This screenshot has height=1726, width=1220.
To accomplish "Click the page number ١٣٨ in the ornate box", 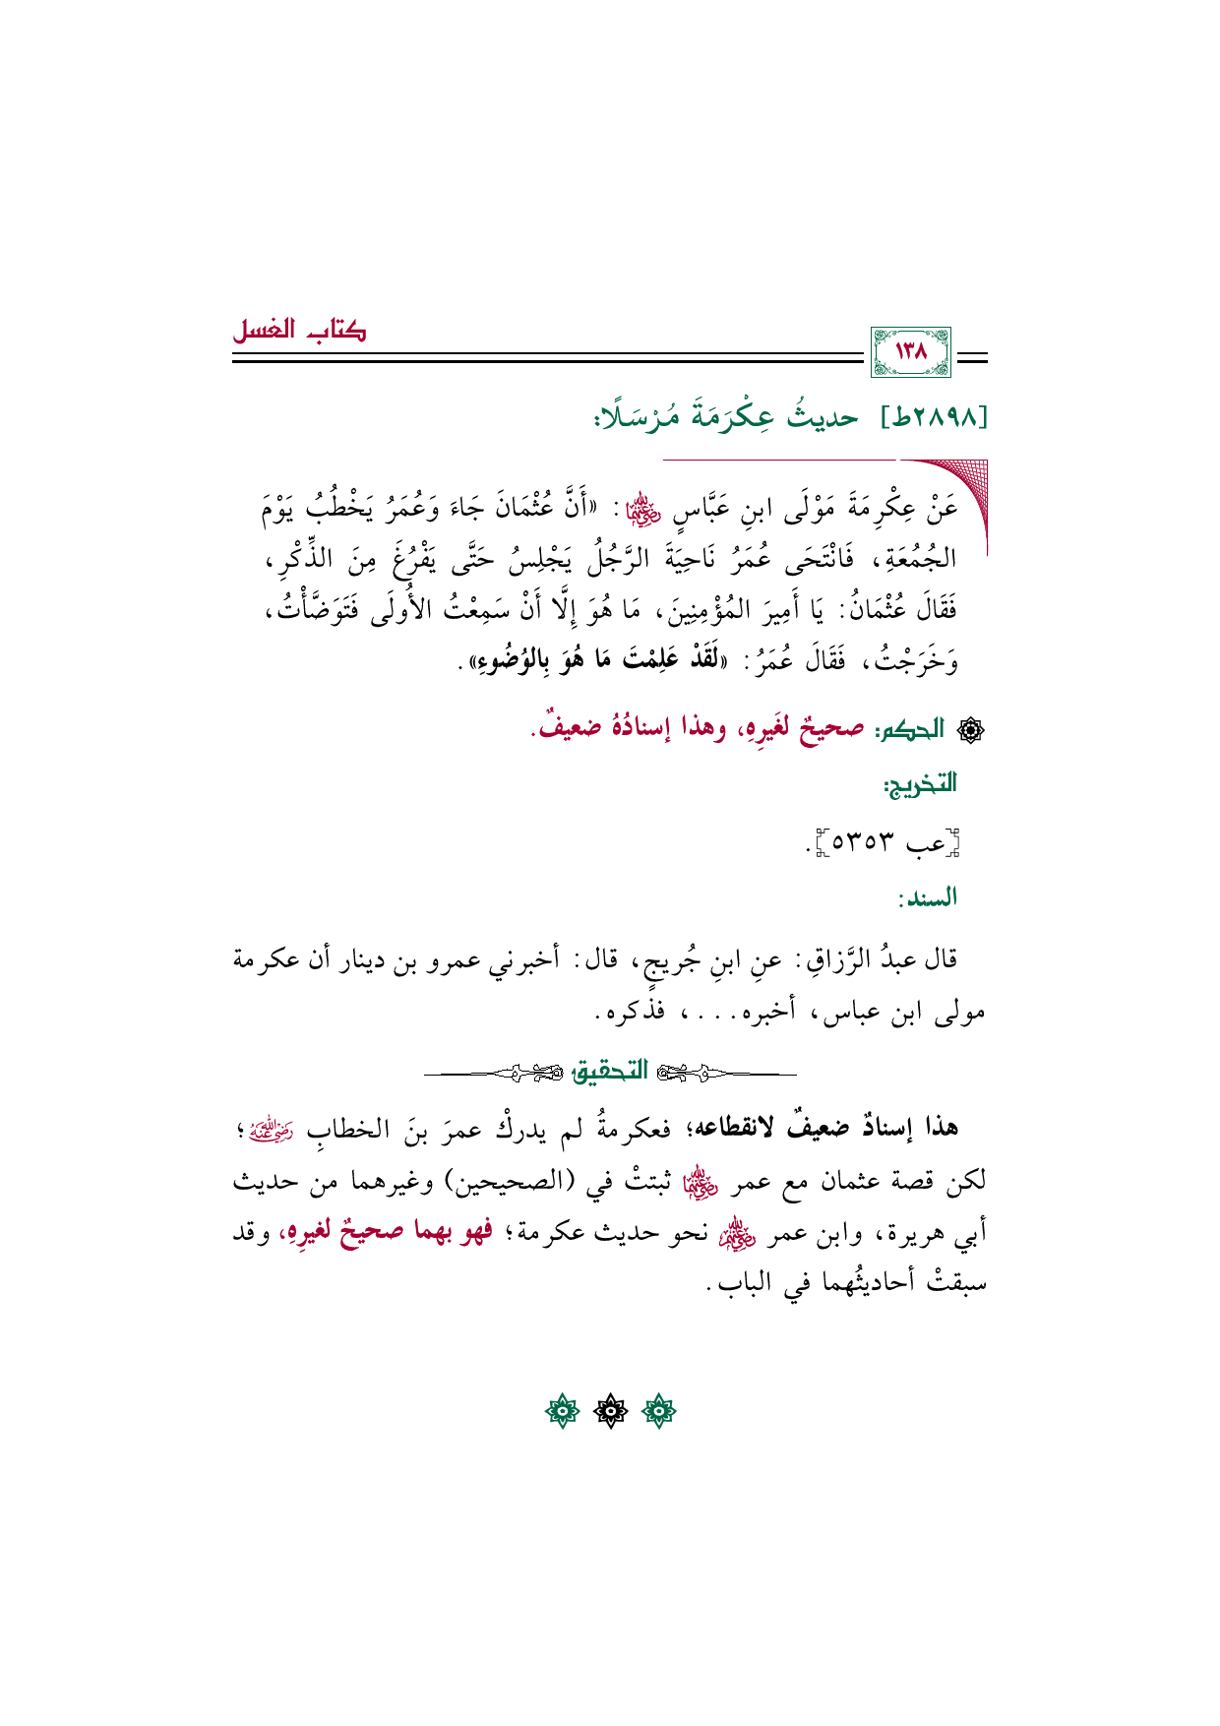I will tap(911, 351).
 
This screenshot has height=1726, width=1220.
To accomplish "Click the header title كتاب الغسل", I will tap(299, 330).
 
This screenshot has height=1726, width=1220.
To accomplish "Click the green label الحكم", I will tap(911, 729).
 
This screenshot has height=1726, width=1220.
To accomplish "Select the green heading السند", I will tap(927, 897).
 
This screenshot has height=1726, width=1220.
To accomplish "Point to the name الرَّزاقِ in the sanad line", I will tap(823, 958).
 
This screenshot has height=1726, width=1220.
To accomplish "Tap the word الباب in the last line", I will tap(746, 1284).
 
